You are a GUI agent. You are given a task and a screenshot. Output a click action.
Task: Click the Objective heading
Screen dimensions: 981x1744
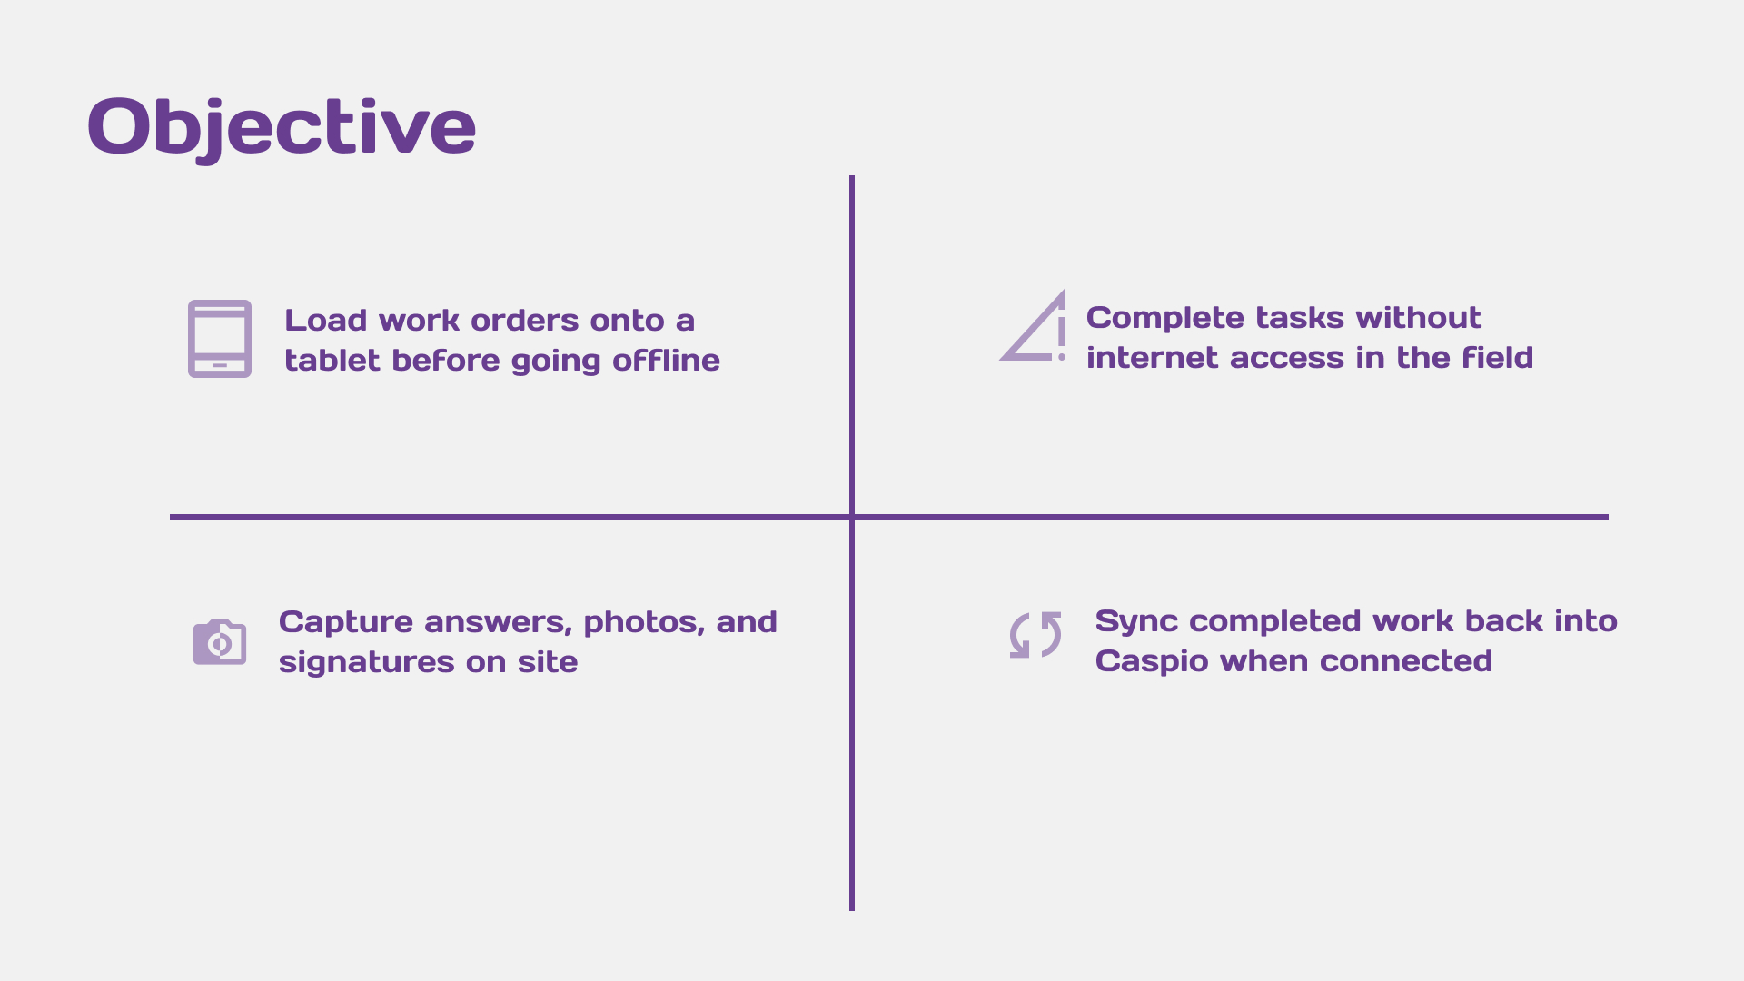click(x=282, y=126)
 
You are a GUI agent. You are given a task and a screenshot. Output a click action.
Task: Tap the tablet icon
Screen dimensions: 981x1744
click(x=220, y=339)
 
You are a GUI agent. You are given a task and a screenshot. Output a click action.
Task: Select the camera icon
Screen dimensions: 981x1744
click(x=220, y=642)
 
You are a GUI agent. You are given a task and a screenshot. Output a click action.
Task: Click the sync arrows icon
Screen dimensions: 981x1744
click(x=1035, y=635)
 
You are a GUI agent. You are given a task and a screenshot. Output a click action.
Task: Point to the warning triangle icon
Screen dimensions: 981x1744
click(x=1035, y=328)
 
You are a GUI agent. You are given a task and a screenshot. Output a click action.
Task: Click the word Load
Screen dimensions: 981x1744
click(x=325, y=321)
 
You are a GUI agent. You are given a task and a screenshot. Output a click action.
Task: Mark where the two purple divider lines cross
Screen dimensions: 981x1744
click(x=852, y=517)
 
